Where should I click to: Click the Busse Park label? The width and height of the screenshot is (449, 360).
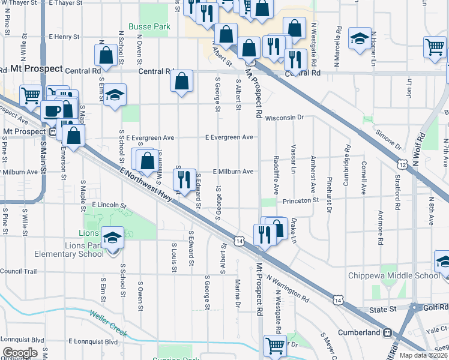(149, 26)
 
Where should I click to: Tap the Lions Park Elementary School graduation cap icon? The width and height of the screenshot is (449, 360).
(112, 238)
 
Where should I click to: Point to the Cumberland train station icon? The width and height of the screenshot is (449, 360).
(388, 332)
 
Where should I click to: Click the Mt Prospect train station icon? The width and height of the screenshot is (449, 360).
(53, 131)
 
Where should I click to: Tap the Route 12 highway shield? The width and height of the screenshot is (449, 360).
(402, 164)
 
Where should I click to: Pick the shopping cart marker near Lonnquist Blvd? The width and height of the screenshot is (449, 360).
(275, 344)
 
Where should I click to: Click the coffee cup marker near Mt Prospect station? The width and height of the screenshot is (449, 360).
(52, 111)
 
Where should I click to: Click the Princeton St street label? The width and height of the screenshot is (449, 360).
(300, 200)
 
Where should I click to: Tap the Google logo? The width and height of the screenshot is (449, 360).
(19, 353)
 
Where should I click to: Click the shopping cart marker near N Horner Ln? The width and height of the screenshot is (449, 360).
(435, 47)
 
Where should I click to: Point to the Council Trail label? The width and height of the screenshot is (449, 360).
(18, 271)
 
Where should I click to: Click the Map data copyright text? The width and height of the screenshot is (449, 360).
(424, 355)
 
